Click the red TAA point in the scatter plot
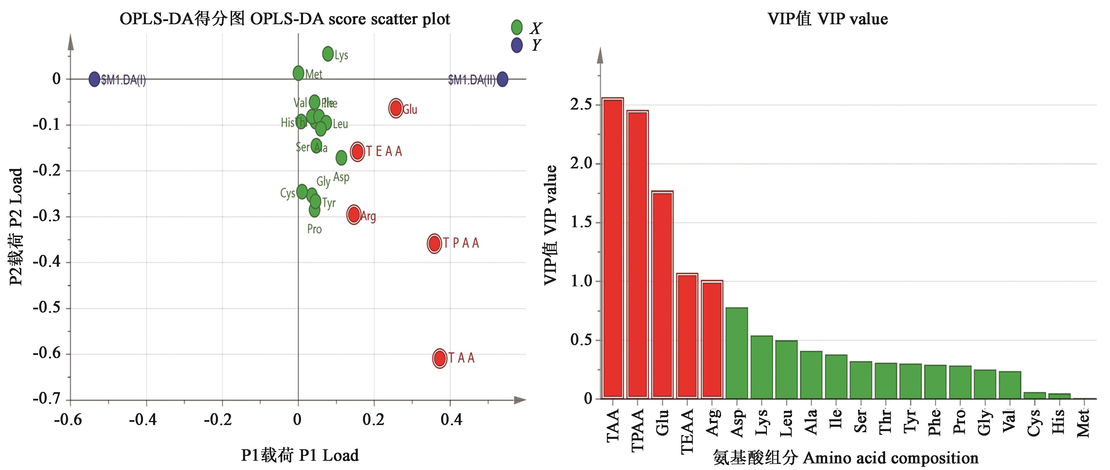[x=439, y=358]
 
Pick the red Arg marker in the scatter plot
[x=354, y=214]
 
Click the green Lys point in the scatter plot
[x=328, y=54]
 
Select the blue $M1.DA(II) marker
[x=502, y=79]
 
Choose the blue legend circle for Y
[x=517, y=45]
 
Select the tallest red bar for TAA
[x=612, y=248]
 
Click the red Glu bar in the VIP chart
[x=662, y=295]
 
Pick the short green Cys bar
[x=1034, y=396]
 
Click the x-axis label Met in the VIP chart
[x=1083, y=423]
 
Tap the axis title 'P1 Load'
[x=300, y=455]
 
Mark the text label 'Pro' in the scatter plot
[x=315, y=229]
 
